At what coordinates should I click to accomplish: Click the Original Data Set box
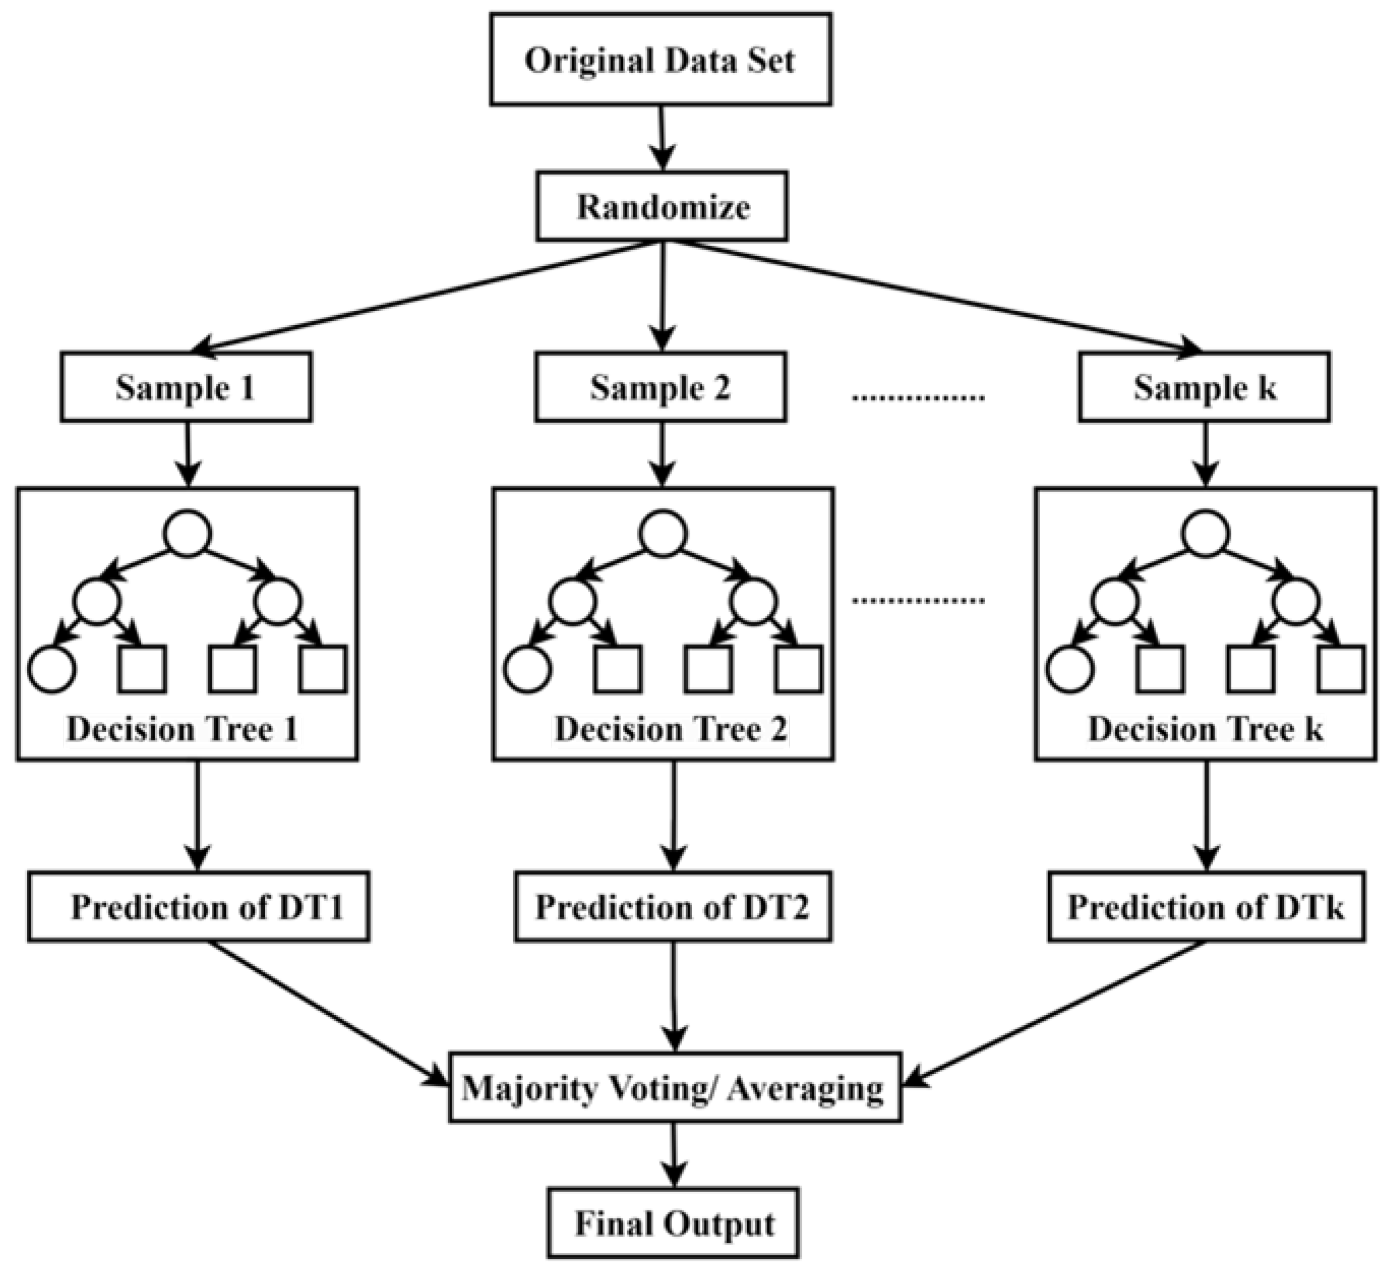point(660,60)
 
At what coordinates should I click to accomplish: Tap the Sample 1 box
point(186,387)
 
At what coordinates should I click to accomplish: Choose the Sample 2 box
point(660,387)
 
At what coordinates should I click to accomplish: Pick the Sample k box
point(1203,387)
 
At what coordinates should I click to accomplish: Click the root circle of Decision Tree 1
point(187,533)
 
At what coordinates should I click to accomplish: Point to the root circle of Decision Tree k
point(1205,533)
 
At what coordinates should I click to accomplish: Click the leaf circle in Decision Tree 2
point(527,669)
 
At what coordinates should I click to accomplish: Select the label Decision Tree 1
point(182,729)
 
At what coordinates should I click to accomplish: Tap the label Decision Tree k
point(1205,729)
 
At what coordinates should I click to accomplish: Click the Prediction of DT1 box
point(199,906)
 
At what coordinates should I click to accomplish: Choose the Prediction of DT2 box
point(672,906)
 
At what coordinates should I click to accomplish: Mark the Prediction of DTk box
point(1206,906)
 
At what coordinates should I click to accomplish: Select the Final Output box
point(673,1224)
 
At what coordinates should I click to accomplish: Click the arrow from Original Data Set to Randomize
point(662,137)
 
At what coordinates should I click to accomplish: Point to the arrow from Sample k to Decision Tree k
point(1206,453)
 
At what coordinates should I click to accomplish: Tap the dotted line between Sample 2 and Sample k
point(918,397)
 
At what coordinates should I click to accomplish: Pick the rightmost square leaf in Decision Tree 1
point(323,669)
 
